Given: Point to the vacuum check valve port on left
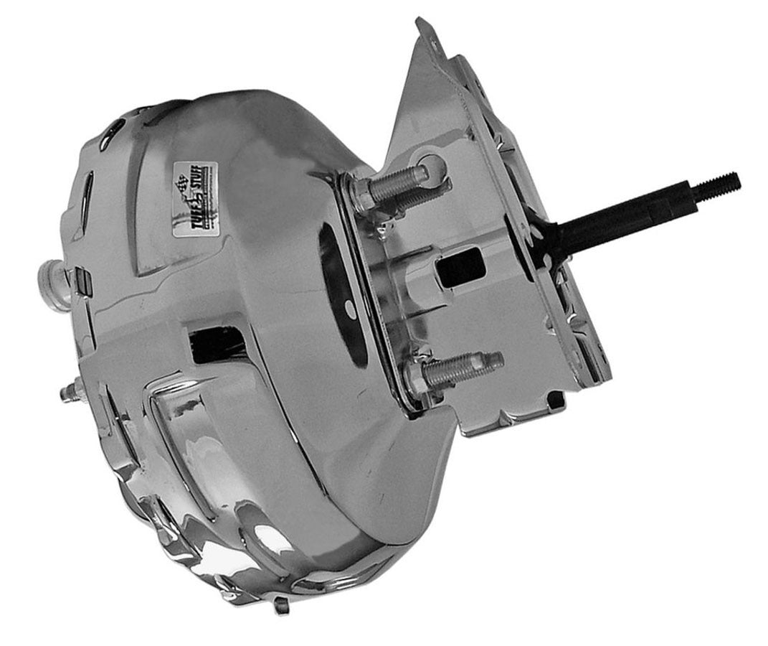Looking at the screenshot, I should [51, 277].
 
